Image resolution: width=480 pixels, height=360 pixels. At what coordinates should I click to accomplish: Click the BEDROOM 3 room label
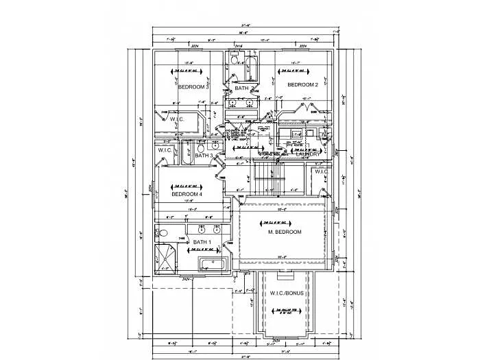[x=193, y=87]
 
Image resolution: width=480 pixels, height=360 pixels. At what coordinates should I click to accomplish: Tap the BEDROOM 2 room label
[x=302, y=85]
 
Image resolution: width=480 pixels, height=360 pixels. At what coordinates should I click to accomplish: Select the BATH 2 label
[x=241, y=88]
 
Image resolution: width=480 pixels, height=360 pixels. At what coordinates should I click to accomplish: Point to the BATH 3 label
[x=204, y=156]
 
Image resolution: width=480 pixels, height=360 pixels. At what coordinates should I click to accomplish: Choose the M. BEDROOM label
[x=285, y=232]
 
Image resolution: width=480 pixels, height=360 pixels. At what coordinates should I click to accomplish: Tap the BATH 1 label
[x=202, y=242]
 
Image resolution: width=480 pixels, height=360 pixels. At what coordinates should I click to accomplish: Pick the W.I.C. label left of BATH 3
[x=165, y=149]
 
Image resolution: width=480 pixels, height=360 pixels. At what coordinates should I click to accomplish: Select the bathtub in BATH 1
[x=209, y=265]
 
